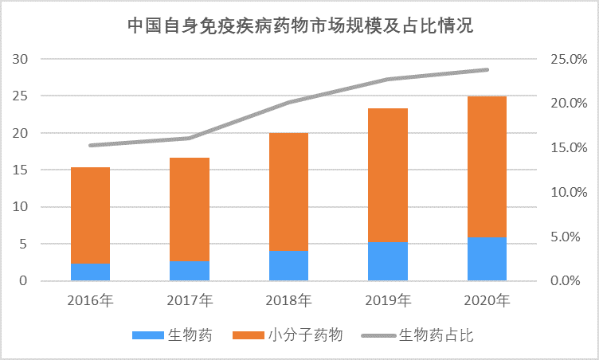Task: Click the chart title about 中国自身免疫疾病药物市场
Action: point(300,25)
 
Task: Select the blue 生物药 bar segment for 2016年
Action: point(90,272)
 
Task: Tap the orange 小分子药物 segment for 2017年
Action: point(190,209)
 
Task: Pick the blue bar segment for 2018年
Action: point(288,266)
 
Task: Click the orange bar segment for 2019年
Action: point(388,175)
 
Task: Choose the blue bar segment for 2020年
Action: point(487,259)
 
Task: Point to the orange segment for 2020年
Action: point(487,166)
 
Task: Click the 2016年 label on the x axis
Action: point(91,301)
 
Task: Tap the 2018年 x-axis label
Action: point(288,301)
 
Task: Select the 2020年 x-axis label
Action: point(487,301)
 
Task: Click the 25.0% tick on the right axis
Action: point(568,59)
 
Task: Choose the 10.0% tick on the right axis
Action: point(568,192)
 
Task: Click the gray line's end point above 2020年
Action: point(487,70)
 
